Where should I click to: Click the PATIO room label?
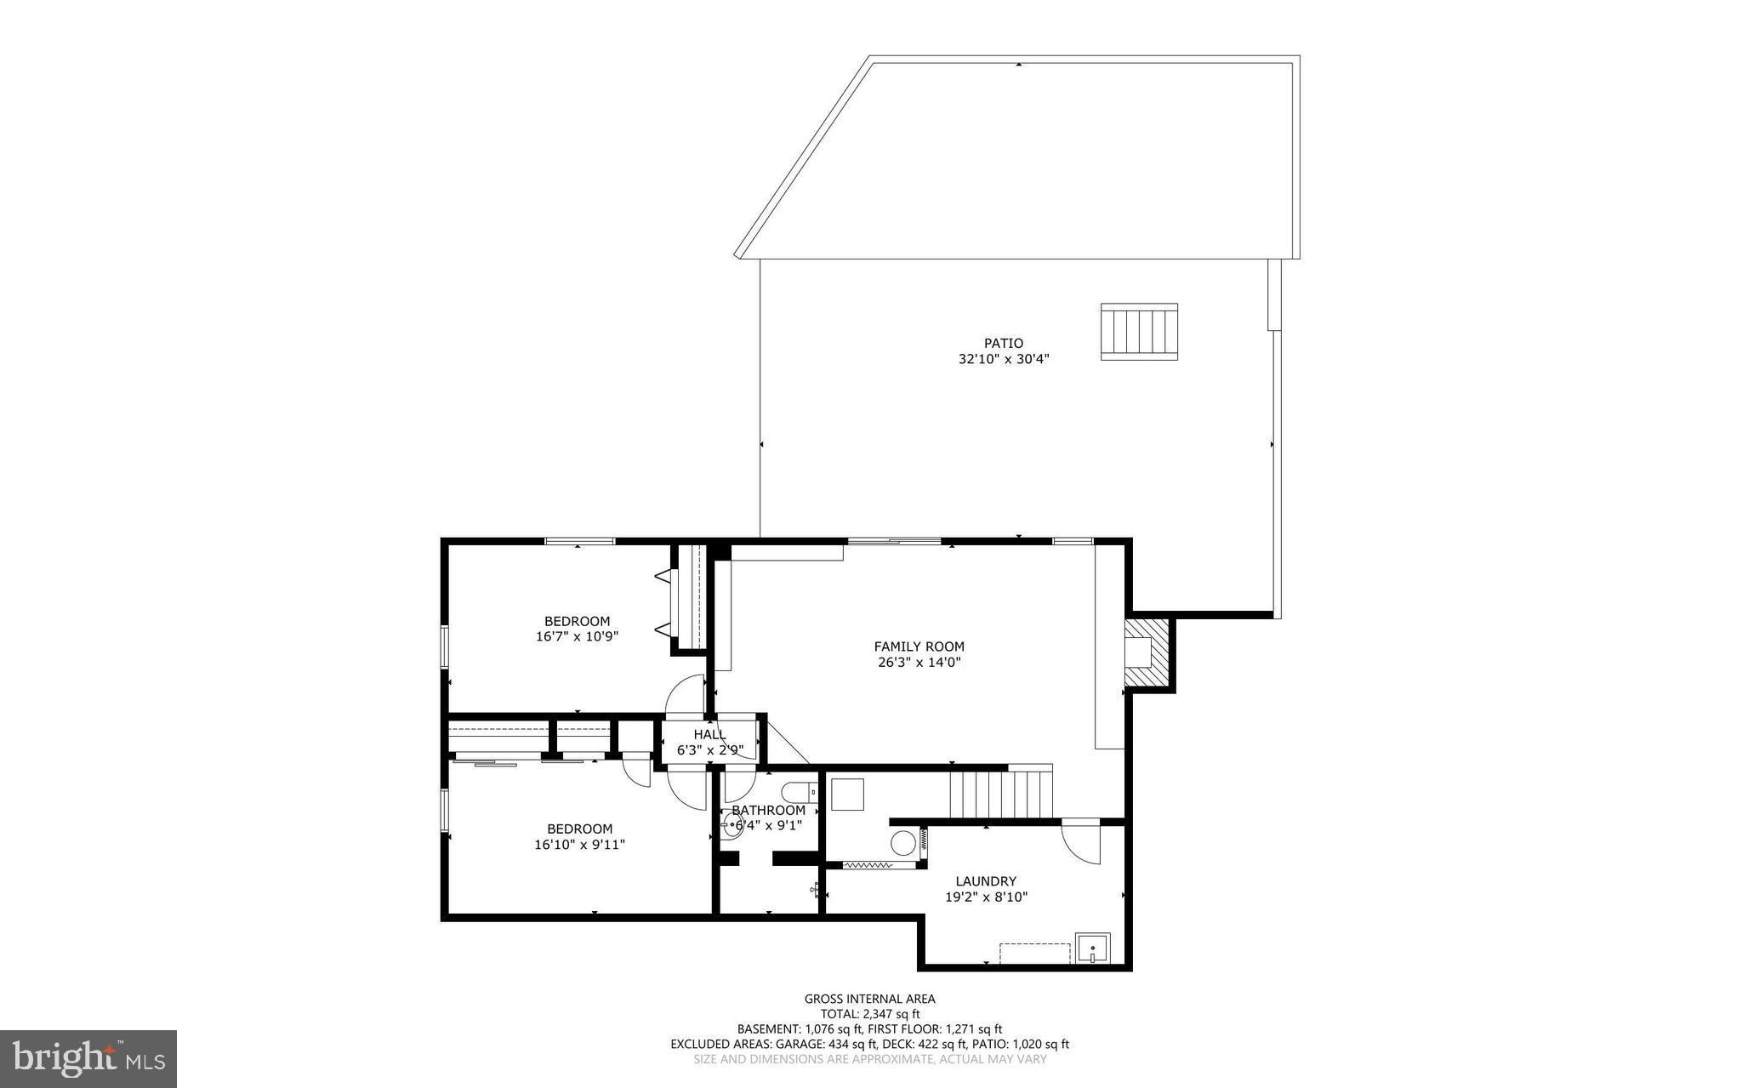click(1004, 344)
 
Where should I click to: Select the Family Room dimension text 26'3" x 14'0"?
click(919, 663)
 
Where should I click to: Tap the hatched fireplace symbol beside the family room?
click(1146, 652)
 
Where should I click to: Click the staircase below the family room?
click(1001, 793)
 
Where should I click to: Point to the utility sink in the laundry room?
click(1092, 948)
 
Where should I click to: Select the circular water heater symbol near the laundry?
click(902, 844)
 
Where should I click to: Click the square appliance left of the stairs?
click(847, 795)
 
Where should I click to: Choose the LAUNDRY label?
click(985, 881)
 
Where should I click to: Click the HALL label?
click(709, 734)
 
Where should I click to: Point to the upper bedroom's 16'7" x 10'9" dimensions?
click(577, 636)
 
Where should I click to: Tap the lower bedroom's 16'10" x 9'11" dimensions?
click(579, 845)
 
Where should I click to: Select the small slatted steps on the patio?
click(1139, 331)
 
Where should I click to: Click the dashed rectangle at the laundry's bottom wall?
click(1034, 952)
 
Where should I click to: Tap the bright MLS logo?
click(88, 1058)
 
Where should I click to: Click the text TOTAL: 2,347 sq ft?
click(869, 1014)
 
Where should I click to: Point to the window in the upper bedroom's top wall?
click(579, 541)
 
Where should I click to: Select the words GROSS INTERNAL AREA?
click(869, 999)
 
